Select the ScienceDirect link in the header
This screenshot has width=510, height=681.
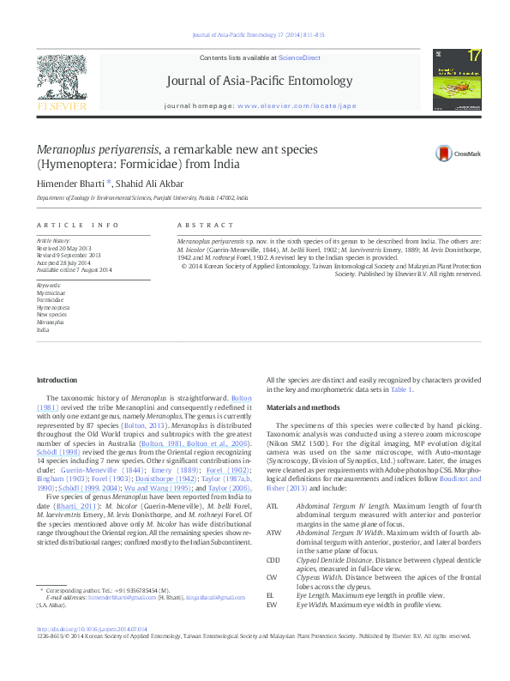coord(299,57)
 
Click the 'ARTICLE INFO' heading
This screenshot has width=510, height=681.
coord(77,225)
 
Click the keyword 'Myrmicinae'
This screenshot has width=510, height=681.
coord(50,292)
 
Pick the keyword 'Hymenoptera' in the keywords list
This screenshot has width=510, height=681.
coord(53,306)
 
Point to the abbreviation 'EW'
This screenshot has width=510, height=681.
coord(271,606)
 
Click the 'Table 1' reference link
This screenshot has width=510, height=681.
coord(402,390)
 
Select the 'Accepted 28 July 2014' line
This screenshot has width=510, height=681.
coord(68,262)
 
